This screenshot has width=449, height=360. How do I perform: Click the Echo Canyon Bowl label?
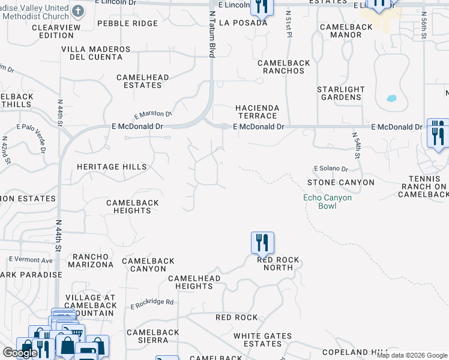[x=327, y=202]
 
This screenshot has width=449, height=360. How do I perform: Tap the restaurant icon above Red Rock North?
[x=262, y=243]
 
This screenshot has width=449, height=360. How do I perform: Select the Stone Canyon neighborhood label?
[x=340, y=182]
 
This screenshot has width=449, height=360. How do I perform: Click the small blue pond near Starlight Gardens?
[x=392, y=98]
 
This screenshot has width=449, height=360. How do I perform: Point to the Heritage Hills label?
[x=112, y=167]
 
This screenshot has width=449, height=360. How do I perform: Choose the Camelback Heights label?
[x=132, y=206]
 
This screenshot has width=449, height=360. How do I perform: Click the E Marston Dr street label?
[x=153, y=115]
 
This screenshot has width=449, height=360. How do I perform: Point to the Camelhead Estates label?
[x=143, y=81]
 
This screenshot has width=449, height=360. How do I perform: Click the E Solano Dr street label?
[x=331, y=169]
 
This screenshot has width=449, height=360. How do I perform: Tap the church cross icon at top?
[x=79, y=11]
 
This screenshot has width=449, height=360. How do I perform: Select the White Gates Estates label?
[x=262, y=340]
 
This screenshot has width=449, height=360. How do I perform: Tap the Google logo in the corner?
[x=20, y=353]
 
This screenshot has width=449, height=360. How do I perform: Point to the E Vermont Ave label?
[x=31, y=260]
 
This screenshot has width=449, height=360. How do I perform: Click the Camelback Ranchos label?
[x=281, y=67]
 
